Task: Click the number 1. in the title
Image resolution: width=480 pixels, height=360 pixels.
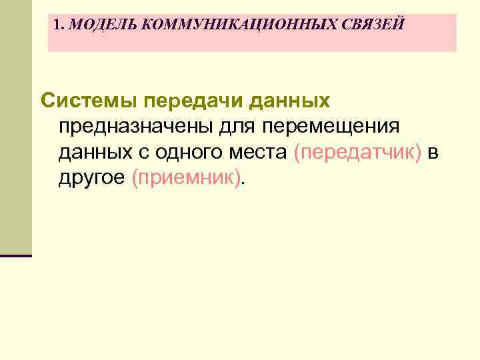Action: pyautogui.click(x=61, y=25)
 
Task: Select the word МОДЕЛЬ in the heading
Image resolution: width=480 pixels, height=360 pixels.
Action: pyautogui.click(x=103, y=25)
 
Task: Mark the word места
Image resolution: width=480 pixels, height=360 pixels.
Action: pyautogui.click(x=259, y=153)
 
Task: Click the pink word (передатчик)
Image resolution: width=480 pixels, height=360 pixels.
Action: pyautogui.click(x=357, y=153)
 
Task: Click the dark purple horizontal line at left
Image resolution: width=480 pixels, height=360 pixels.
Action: pyautogui.click(x=16, y=255)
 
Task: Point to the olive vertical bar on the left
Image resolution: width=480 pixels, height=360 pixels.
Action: pyautogui.click(x=15, y=127)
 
